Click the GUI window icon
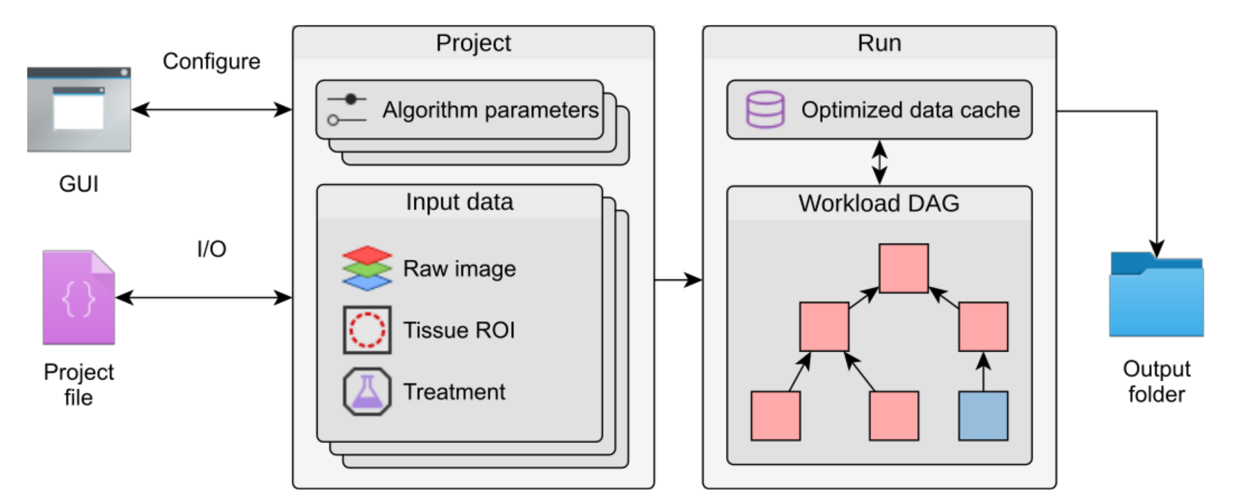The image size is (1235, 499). (x=79, y=109)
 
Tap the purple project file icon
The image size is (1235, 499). (x=79, y=298)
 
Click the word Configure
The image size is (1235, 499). (x=212, y=61)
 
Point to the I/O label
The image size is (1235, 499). (x=212, y=249)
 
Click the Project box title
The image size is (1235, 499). (x=473, y=43)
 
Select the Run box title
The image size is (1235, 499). (x=879, y=43)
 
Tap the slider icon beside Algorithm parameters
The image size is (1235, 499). (x=347, y=109)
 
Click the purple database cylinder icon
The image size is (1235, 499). (x=765, y=109)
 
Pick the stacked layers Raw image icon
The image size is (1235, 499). (x=367, y=268)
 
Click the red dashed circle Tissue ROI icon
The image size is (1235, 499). (x=367, y=330)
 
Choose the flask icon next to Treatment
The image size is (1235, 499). (x=367, y=392)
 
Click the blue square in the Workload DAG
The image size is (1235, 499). (x=983, y=416)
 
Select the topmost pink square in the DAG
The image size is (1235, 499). (x=904, y=268)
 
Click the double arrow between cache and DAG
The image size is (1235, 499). (x=879, y=162)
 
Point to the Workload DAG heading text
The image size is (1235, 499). (x=879, y=203)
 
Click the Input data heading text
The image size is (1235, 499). (x=459, y=202)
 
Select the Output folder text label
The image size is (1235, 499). (x=1156, y=382)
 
